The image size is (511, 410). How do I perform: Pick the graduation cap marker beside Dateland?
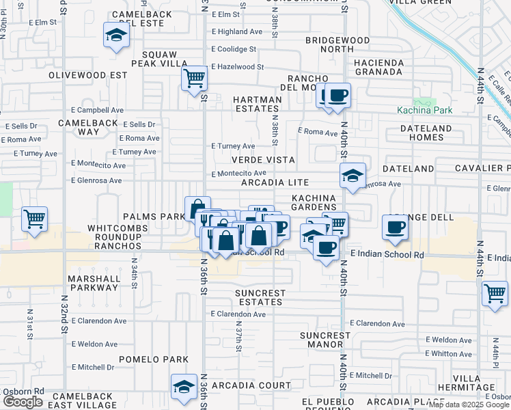[x=353, y=176]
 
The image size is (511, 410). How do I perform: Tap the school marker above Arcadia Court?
[x=183, y=387]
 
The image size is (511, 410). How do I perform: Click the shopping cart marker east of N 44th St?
[x=495, y=293]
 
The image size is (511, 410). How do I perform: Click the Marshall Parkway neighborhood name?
[x=93, y=284]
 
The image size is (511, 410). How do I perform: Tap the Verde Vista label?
[x=263, y=160]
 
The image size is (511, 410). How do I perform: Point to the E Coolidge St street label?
[x=234, y=49]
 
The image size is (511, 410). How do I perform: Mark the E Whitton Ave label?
[x=447, y=353]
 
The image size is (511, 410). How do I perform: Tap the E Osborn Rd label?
[x=23, y=392]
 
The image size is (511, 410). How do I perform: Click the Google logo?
[x=23, y=402]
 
